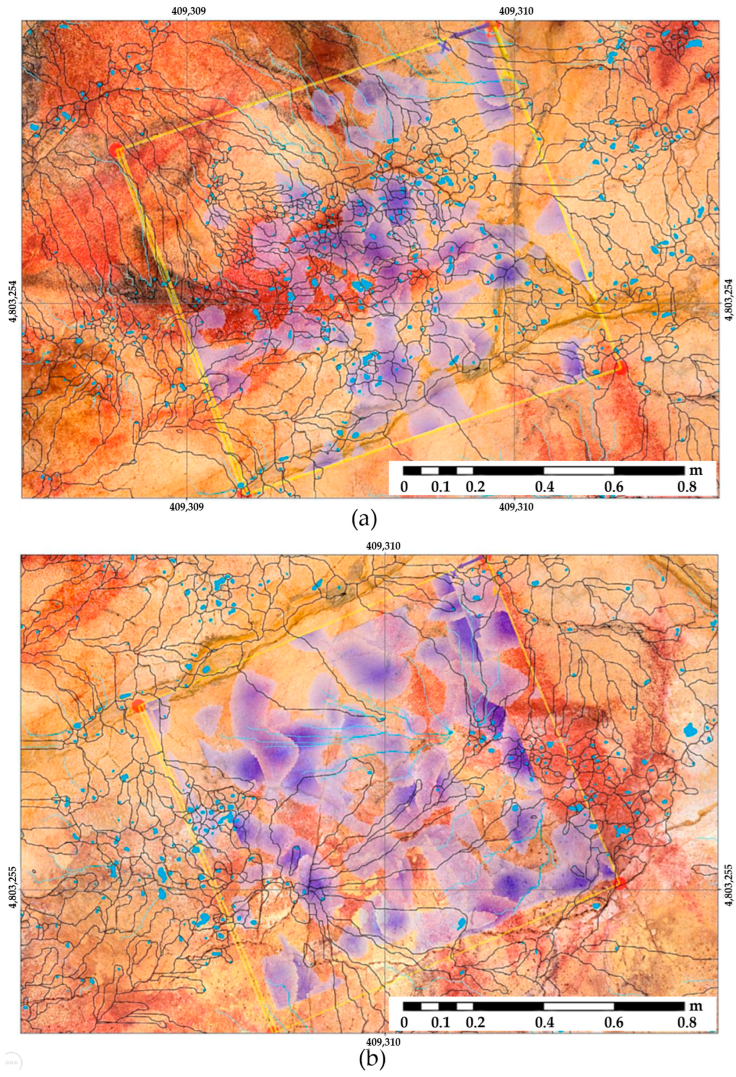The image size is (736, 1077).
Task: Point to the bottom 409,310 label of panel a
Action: click(x=516, y=507)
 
